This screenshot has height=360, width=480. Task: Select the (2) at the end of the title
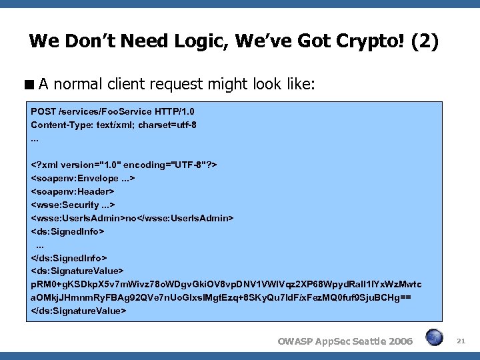pyautogui.click(x=425, y=42)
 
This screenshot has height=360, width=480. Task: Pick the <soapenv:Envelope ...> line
pyautogui.click(x=83, y=178)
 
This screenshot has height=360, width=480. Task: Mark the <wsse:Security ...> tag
pyautogui.click(x=73, y=205)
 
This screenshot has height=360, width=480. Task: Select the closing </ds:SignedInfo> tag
pyautogui.click(x=69, y=257)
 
